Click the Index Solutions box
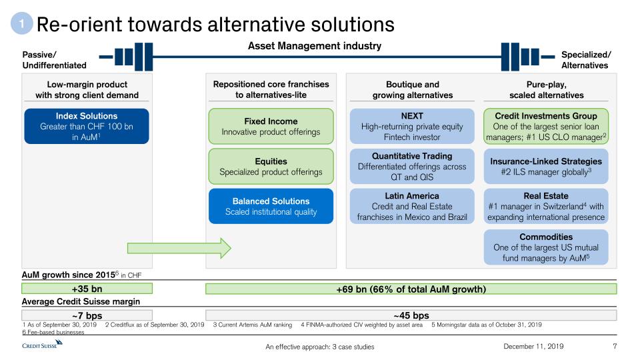point(87,126)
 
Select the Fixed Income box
point(271,127)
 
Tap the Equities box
point(271,166)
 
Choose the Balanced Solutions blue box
point(271,206)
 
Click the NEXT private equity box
point(412,127)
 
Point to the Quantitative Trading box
point(412,167)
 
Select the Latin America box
point(412,207)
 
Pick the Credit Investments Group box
point(546,127)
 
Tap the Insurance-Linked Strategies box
point(546,166)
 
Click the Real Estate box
point(546,207)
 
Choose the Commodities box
point(546,247)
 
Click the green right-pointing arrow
point(179,248)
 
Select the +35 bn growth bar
point(87,289)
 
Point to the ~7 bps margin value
point(87,315)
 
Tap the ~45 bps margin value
point(411,315)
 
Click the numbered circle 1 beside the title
point(21,25)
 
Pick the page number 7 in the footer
point(615,346)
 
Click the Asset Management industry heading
point(315,46)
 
